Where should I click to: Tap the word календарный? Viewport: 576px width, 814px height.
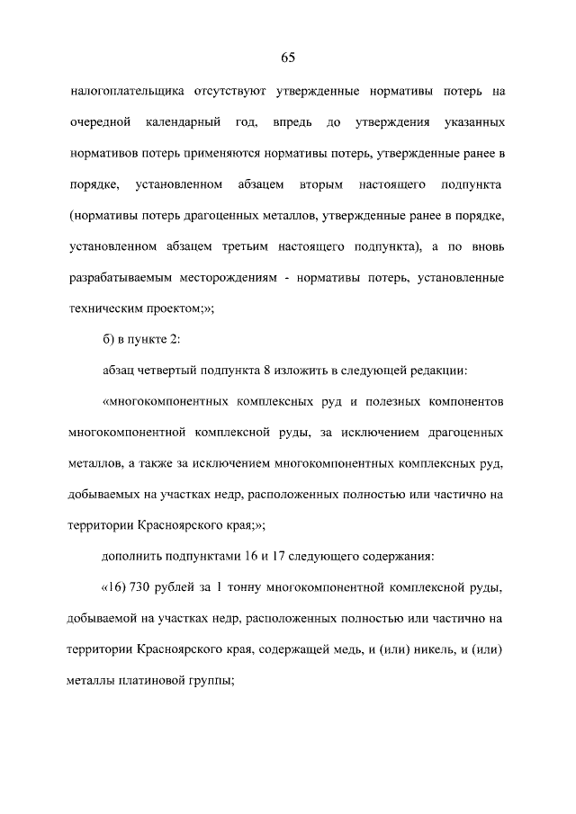(x=197, y=121)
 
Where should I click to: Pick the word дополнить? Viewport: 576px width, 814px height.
(x=132, y=557)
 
